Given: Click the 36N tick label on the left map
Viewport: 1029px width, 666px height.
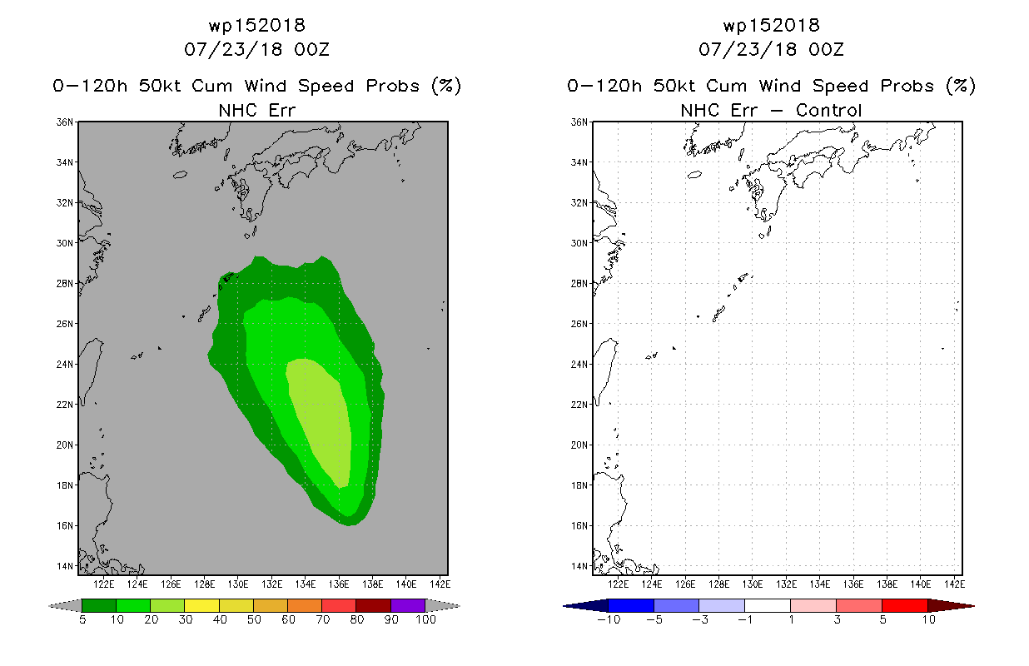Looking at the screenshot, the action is click(x=64, y=122).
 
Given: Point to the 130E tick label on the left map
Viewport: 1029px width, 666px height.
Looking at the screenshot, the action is click(x=238, y=584).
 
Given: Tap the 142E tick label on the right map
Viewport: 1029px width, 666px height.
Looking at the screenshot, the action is click(x=954, y=584).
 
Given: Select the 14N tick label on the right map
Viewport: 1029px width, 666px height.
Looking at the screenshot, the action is click(x=579, y=566).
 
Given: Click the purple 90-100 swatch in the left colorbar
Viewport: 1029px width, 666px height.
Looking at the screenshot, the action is click(x=408, y=605).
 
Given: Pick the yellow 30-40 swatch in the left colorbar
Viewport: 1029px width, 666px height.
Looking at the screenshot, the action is click(x=201, y=605).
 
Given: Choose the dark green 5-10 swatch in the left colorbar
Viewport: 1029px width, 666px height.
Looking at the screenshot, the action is click(x=99, y=605).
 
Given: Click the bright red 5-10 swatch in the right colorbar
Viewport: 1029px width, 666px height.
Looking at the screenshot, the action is click(x=905, y=605).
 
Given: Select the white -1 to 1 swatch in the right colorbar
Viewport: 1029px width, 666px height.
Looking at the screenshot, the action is click(x=768, y=605).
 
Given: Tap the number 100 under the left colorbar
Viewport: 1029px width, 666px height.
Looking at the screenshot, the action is click(x=425, y=619).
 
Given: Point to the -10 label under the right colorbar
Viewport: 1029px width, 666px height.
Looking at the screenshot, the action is click(x=609, y=619).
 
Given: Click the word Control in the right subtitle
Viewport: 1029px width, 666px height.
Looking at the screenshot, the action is click(x=828, y=110).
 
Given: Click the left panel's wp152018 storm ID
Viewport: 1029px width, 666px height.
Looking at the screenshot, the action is click(x=256, y=26).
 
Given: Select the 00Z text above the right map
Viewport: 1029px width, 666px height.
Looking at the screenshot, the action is click(x=826, y=49).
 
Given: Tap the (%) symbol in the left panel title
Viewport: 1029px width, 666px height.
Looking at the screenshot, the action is click(x=446, y=86).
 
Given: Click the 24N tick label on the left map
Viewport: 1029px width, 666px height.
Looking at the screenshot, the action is click(x=64, y=365).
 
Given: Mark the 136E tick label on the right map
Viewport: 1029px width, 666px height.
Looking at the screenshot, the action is click(x=853, y=584).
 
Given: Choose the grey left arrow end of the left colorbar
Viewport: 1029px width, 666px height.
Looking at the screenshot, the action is click(x=65, y=606).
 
